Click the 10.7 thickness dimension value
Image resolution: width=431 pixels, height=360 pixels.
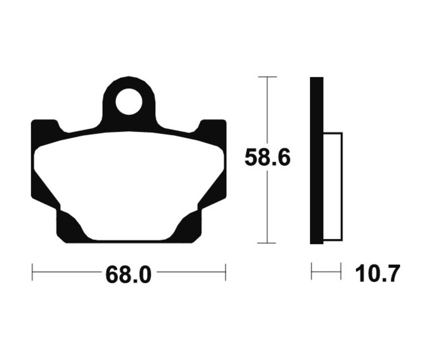pyautogui.click(x=377, y=274)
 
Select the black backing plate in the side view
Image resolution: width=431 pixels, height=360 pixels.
pyautogui.click(x=317, y=160)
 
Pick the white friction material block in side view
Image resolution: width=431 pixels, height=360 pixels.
pyautogui.click(x=332, y=186)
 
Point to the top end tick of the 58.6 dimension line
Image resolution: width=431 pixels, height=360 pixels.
pyautogui.click(x=267, y=77)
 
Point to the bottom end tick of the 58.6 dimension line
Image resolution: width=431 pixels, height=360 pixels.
pyautogui.click(x=267, y=243)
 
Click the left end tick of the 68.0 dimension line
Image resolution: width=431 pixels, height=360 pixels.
pyautogui.click(x=32, y=272)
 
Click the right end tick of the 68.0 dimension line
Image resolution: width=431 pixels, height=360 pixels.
pyautogui.click(x=225, y=272)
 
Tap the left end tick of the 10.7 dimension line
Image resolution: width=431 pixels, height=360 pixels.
pyautogui.click(x=312, y=271)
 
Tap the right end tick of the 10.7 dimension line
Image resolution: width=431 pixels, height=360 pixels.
pyautogui.click(x=341, y=271)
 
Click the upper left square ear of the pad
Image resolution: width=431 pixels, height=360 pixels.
pyautogui.click(x=44, y=129)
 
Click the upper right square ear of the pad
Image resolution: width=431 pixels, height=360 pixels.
pyautogui.click(x=213, y=129)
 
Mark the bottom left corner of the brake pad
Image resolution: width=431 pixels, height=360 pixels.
pyautogui.click(x=60, y=239)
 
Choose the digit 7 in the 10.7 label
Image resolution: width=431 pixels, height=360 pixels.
pyautogui.click(x=391, y=274)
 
